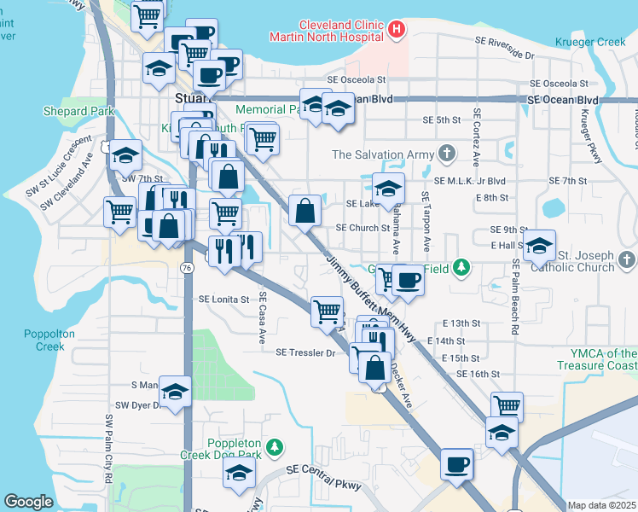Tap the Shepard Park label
point(78,112)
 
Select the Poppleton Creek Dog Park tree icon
point(274,446)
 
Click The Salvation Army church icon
point(445,154)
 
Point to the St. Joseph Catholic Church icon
point(627,259)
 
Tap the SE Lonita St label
point(223,300)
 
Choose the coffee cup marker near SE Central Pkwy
point(456,464)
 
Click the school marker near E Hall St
point(539,246)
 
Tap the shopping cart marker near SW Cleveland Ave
point(119,211)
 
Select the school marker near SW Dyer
point(175,392)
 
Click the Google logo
point(28,502)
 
